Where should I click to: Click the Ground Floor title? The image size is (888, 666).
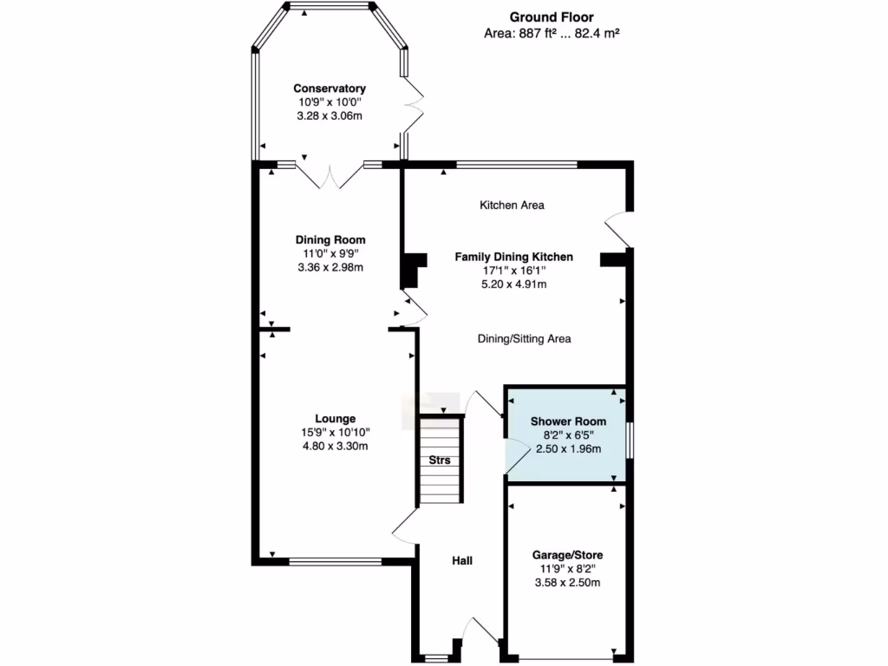click(x=551, y=16)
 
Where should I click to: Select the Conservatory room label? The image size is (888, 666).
click(x=329, y=88)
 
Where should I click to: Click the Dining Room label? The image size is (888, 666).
click(x=330, y=240)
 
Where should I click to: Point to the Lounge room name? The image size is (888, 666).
click(x=335, y=418)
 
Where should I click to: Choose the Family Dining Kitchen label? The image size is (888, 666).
click(x=514, y=257)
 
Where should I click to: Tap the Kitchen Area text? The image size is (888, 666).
click(x=512, y=206)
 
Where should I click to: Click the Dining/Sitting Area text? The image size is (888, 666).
click(x=524, y=339)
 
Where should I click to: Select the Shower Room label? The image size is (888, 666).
click(x=568, y=421)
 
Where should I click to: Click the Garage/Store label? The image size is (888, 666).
click(x=568, y=555)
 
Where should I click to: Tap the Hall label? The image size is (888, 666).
click(x=462, y=561)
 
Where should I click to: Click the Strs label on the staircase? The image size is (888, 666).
click(x=440, y=460)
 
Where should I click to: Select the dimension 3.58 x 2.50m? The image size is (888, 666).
click(x=568, y=583)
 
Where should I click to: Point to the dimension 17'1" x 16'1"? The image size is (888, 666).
click(x=514, y=271)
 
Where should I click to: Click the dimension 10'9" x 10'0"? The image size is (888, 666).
click(x=329, y=102)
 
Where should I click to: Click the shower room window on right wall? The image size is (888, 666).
click(x=630, y=439)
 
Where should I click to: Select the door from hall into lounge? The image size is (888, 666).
click(x=405, y=526)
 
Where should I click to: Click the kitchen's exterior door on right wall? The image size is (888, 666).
click(x=619, y=229)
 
